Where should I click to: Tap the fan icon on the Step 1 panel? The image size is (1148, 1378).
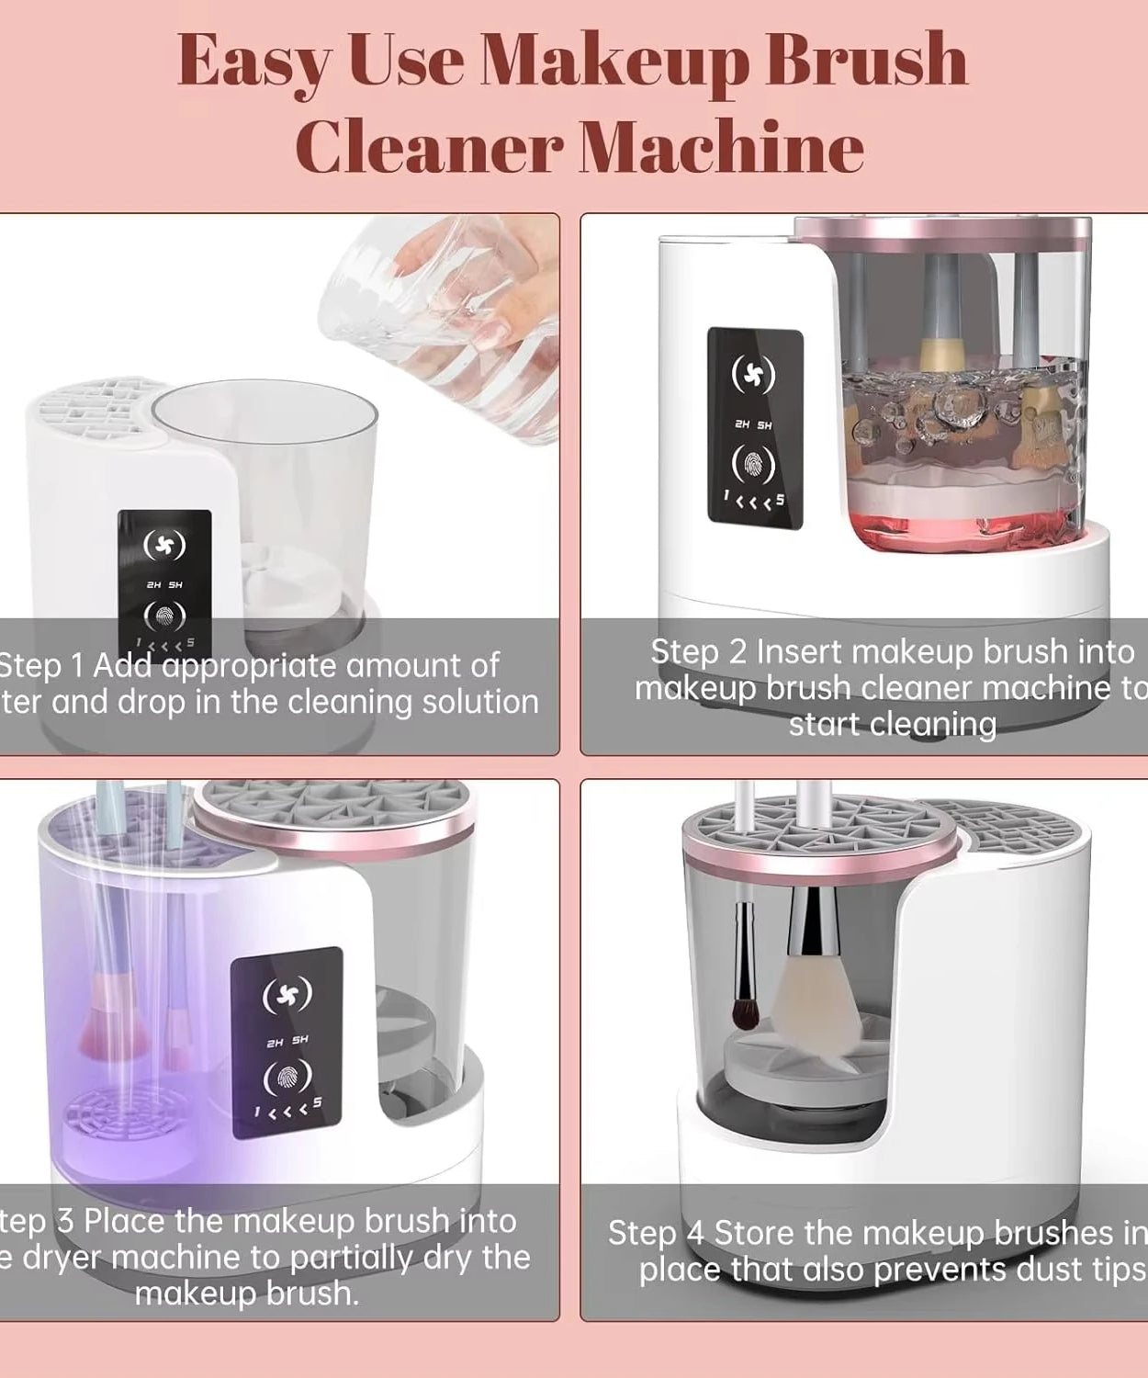(164, 546)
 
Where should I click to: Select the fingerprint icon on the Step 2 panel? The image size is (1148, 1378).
(753, 464)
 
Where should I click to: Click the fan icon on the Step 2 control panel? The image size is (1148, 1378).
(753, 374)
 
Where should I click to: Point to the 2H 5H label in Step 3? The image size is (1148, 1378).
(287, 1041)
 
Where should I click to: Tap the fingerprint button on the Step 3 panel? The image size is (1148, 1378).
(287, 1078)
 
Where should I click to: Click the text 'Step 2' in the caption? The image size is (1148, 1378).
(698, 652)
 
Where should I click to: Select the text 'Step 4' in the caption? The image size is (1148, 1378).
(656, 1233)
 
